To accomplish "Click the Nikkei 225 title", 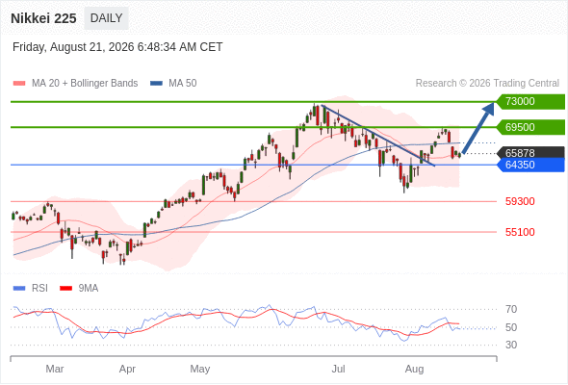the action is [x=43, y=18].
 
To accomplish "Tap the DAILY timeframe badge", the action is [x=106, y=18].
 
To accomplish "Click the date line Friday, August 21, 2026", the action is [x=117, y=47].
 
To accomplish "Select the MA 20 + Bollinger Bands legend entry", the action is [x=75, y=84].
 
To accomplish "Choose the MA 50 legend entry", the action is [x=173, y=84].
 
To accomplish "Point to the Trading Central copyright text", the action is [x=487, y=84].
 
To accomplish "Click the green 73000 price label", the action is [x=530, y=101].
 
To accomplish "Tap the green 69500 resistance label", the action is [x=530, y=127].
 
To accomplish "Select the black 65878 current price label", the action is [x=530, y=153].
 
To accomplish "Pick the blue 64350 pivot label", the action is [x=530, y=165].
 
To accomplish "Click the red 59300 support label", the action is [x=520, y=201].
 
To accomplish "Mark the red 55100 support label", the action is [x=520, y=232].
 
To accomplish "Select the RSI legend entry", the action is [x=31, y=289].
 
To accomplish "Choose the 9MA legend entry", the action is [x=79, y=289].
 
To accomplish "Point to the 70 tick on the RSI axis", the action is [x=511, y=309].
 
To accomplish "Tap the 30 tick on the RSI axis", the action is [x=511, y=345].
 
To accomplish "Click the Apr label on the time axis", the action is [x=127, y=369].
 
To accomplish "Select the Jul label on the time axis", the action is [x=338, y=369].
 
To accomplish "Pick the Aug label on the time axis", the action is [x=414, y=369].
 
